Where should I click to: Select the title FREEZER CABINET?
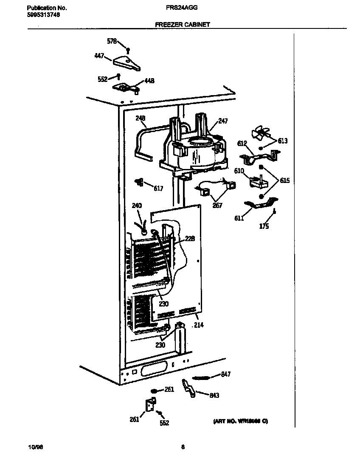coord(183,25)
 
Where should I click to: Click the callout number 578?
coord(112,41)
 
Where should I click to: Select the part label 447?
coord(99,56)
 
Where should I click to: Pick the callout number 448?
coord(149,81)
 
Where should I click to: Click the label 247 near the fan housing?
coord(223,121)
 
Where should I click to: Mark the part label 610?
coord(239,171)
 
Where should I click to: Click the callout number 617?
coord(157,188)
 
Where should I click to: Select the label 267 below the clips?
coord(217,206)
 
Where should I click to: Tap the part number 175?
coord(264,226)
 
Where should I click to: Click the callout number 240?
coord(137,206)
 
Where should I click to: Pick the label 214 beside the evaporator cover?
coord(198,326)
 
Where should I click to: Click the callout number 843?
coord(214,395)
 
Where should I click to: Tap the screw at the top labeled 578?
coord(128,50)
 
